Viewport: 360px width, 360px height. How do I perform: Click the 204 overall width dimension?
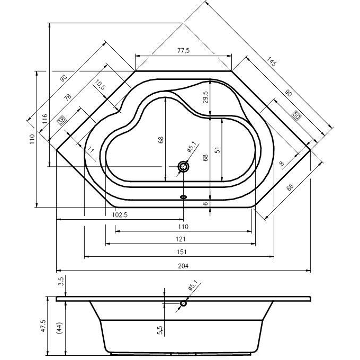183,266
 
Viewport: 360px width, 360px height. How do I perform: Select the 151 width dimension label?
182,252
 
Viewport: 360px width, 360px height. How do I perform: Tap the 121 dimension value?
181,239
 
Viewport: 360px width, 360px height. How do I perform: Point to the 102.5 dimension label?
120,215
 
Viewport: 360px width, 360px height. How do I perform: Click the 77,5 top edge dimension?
184,50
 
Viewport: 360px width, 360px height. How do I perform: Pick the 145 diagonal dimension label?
272,61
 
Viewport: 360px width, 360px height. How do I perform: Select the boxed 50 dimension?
296,115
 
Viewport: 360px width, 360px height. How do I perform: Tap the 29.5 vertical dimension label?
205,97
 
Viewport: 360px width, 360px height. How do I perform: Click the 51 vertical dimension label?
218,150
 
